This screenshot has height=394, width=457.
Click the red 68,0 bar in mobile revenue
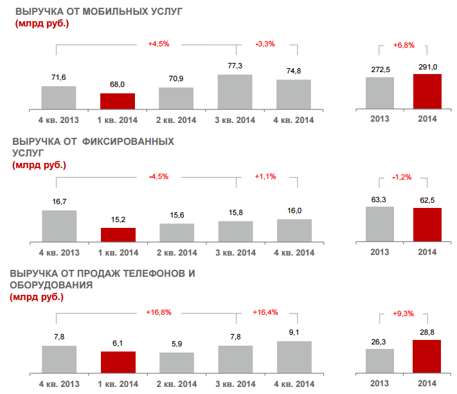coord(118,100)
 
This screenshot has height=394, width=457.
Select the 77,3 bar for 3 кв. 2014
coord(235,91)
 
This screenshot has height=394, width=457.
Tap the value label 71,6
coord(58,78)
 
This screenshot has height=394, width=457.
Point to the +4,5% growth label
coord(158,44)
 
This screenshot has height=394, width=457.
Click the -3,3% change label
coord(265,44)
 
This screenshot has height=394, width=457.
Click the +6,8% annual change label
coord(404,46)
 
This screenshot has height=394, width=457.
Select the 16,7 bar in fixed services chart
coord(59,225)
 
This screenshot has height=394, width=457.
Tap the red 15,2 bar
coord(118,234)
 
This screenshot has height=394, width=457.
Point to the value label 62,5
coord(427,200)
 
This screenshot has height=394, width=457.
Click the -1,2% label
coord(402,177)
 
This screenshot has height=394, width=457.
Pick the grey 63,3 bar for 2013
coord(380,223)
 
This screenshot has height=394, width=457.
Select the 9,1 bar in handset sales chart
coord(294,357)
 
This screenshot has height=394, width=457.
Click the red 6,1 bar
coord(118,362)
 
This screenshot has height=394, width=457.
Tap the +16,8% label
coord(158,312)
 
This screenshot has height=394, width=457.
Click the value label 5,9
coord(176,344)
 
